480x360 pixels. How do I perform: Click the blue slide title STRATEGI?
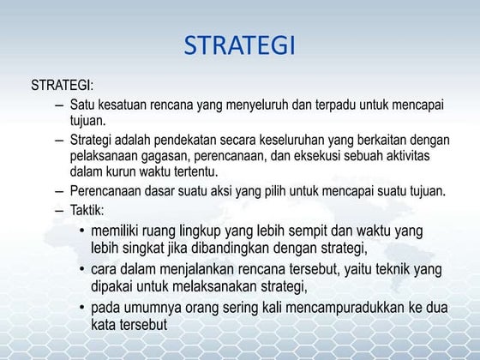pos(240,45)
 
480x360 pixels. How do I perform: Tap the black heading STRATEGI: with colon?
pos(63,86)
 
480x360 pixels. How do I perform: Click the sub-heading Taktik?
pos(87,210)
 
